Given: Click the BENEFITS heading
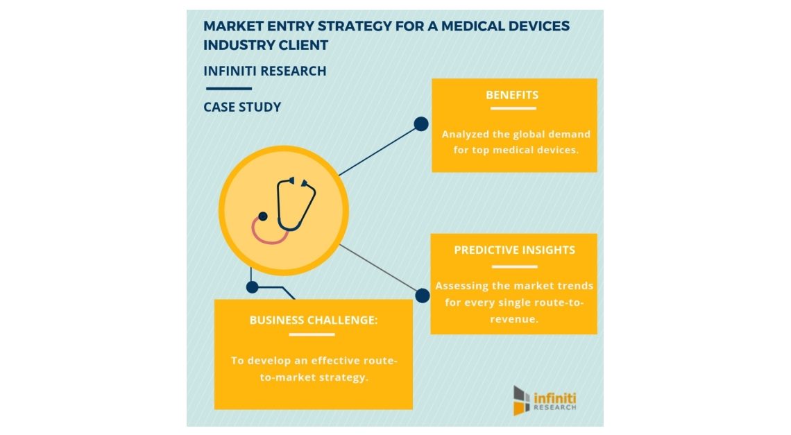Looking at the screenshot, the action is (x=512, y=95).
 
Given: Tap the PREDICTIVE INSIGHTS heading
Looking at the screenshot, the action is (x=514, y=250).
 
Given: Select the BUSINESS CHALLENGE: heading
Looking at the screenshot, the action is (x=313, y=320).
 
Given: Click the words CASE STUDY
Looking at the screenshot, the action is (x=242, y=107).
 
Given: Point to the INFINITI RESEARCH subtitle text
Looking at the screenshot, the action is (x=265, y=71).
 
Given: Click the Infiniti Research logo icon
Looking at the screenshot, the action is (x=522, y=400).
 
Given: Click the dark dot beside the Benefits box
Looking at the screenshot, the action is (x=421, y=123).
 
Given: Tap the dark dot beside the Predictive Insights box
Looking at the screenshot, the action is (x=423, y=296).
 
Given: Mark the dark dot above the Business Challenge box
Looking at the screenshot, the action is (x=253, y=287).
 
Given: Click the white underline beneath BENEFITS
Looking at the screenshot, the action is (x=513, y=108).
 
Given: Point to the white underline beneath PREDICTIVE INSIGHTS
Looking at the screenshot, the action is (x=515, y=267).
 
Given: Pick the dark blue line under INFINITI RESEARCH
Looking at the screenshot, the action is (x=229, y=89).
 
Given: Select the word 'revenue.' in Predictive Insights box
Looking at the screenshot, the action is (x=514, y=319).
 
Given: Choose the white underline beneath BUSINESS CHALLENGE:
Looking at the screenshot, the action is (x=312, y=334).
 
